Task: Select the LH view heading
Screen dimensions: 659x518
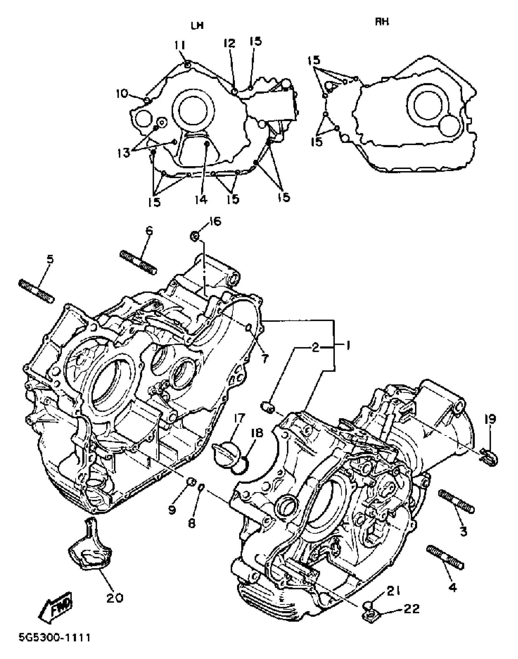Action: [x=197, y=26]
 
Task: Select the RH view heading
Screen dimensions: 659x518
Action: [x=382, y=22]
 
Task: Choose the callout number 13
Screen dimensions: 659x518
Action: [x=124, y=153]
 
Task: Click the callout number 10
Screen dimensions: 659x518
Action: [x=122, y=94]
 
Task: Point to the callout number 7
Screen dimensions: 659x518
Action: [x=264, y=359]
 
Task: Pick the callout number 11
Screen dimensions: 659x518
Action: [x=180, y=46]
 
